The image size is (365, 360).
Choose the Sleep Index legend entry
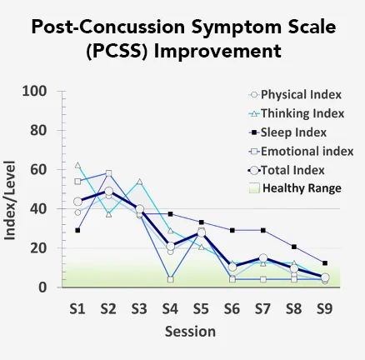pos(293,132)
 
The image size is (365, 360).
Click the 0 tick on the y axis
pos(42,287)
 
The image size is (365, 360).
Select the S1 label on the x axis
pos(77,307)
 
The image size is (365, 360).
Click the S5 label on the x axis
pos(201,307)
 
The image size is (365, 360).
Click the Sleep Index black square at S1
pos(77,230)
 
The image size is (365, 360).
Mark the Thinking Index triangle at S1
pos(77,165)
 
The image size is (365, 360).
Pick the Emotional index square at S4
pos(170,279)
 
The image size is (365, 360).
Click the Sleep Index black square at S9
pos(324,262)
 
